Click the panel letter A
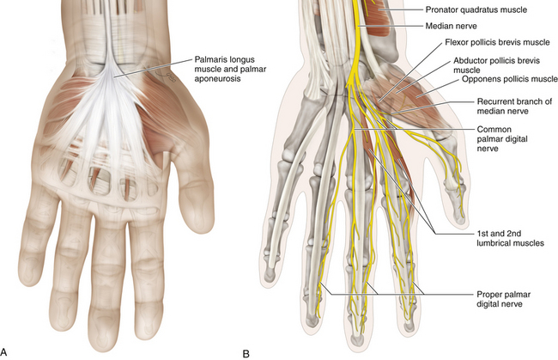point(7,351)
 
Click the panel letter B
point(246,351)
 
